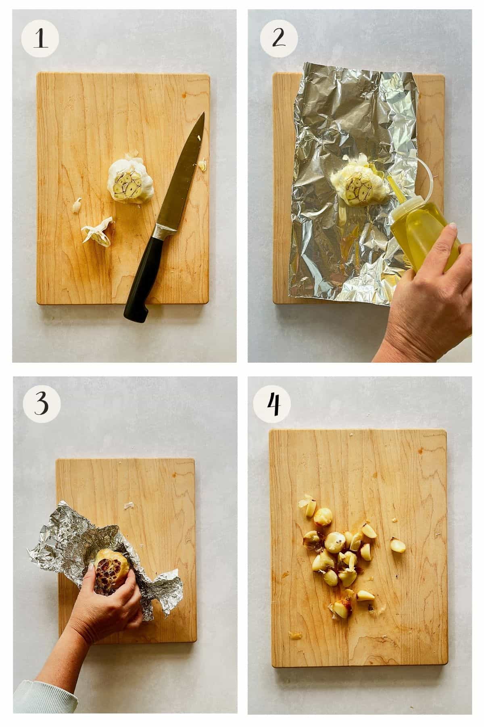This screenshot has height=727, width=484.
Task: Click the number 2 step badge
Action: (x=279, y=39)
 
